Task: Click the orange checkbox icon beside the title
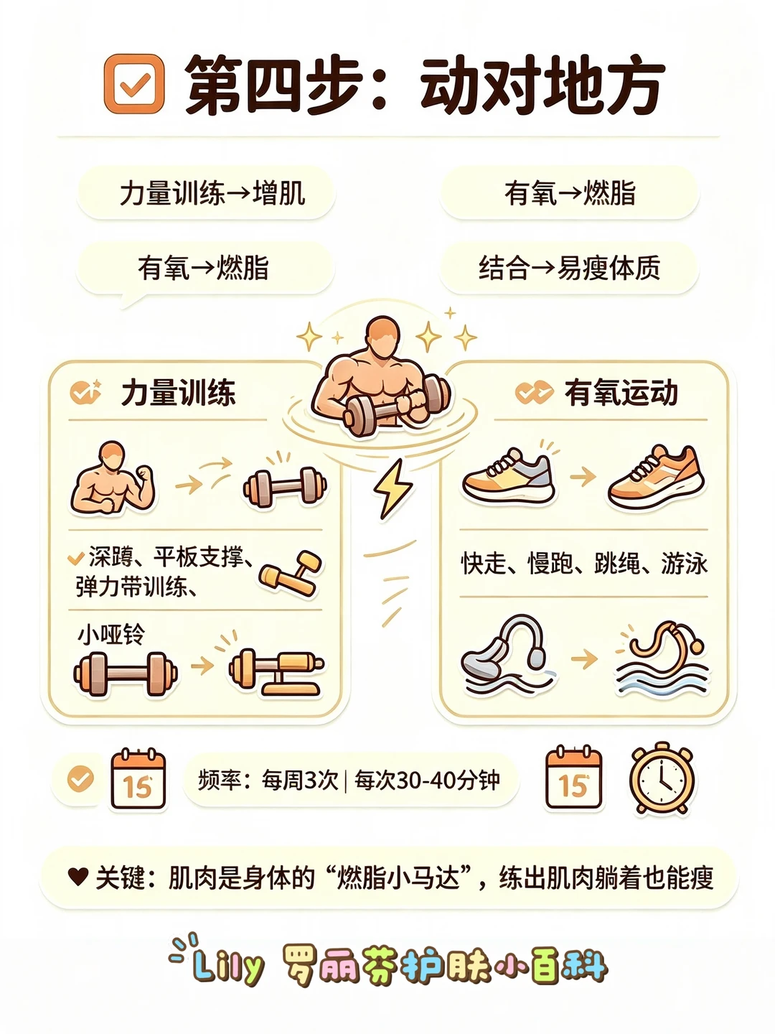[x=134, y=84]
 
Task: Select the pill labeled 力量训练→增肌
[x=206, y=192]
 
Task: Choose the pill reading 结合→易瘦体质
[x=569, y=268]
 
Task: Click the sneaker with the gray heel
[x=509, y=476]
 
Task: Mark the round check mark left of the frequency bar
[x=80, y=778]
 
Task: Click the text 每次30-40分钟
[x=427, y=780]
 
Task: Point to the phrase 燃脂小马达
[x=398, y=877]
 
